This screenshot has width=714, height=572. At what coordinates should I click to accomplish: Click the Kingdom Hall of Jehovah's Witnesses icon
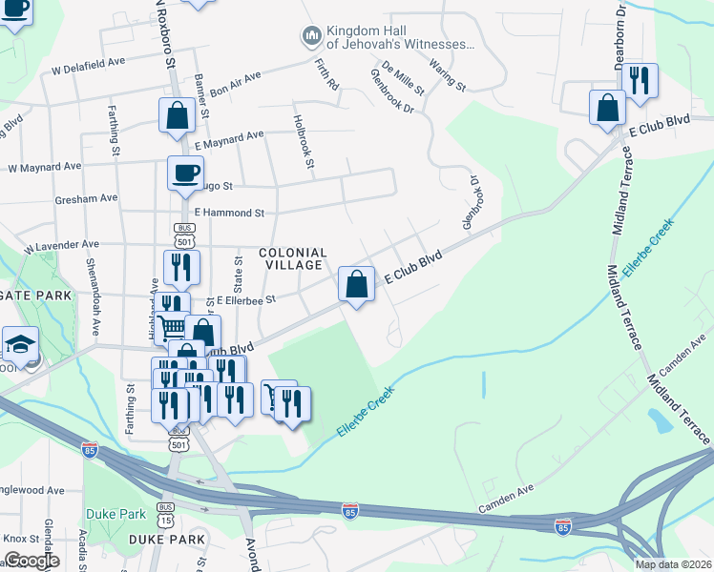pyautogui.click(x=310, y=36)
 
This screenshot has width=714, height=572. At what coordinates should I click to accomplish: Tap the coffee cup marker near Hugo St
pyautogui.click(x=185, y=174)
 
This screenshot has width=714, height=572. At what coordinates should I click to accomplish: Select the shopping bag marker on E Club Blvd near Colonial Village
pyautogui.click(x=356, y=284)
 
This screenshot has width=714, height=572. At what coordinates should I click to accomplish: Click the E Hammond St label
pyautogui.click(x=228, y=213)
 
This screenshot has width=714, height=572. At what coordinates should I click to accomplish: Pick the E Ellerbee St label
pyautogui.click(x=245, y=299)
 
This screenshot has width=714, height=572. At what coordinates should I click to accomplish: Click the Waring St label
pyautogui.click(x=446, y=74)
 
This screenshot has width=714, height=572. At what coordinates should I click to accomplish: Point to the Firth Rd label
pyautogui.click(x=326, y=73)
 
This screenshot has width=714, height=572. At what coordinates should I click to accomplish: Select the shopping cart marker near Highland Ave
pyautogui.click(x=173, y=328)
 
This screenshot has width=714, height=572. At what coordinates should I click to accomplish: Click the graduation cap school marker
pyautogui.click(x=19, y=343)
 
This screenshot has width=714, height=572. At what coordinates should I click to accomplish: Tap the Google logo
pyautogui.click(x=31, y=561)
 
